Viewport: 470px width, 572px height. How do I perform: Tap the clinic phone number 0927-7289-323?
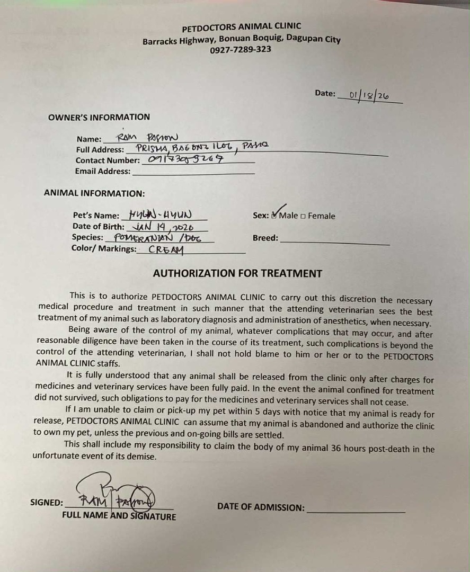point(241,49)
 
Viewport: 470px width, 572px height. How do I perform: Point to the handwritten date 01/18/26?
point(369,95)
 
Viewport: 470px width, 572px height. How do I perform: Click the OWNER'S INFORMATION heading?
point(99,117)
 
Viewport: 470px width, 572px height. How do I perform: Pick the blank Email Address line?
point(193,172)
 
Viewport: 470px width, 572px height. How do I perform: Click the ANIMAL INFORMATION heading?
point(94,194)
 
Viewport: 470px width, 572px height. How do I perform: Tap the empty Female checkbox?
point(303,216)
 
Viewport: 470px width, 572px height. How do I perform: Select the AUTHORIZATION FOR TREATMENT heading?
point(237,274)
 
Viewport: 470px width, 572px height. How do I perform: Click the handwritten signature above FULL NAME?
point(114,495)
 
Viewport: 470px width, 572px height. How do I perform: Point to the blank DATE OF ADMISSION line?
point(356,510)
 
